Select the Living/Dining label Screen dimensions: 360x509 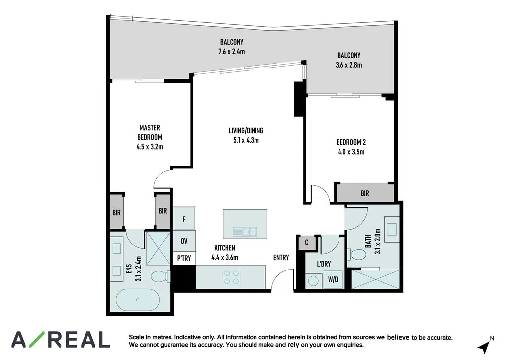click(246, 131)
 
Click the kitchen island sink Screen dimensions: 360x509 click(245, 231)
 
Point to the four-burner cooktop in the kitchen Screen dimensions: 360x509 click(231, 277)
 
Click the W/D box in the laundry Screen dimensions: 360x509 click(333, 280)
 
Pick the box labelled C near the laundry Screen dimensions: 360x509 click(307, 243)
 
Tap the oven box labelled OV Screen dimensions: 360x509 click(184, 241)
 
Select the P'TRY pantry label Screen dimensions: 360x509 click(184, 259)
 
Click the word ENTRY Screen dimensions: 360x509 click(281, 257)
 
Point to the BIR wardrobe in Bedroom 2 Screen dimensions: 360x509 click(365, 193)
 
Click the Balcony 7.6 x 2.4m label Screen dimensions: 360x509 click(232, 46)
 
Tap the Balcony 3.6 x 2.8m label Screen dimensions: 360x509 click(348, 60)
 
